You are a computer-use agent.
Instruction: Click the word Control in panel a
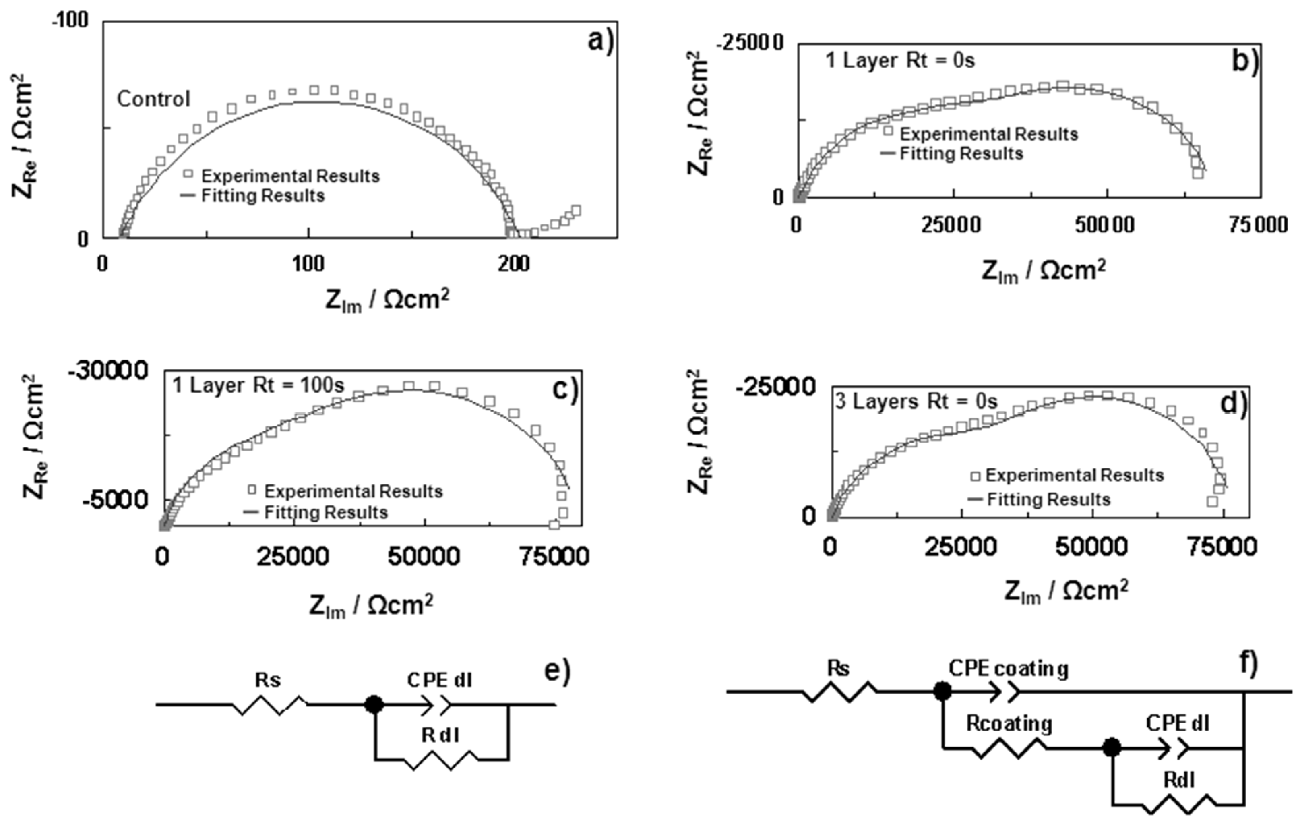154,99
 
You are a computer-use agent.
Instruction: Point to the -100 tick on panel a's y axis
70,21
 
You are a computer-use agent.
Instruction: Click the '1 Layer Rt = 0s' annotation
900,60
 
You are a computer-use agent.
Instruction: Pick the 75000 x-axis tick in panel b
1258,224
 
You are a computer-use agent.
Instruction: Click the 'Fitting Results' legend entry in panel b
961,154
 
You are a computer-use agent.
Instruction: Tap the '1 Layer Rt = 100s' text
258,385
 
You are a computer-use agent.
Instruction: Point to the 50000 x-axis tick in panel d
1091,547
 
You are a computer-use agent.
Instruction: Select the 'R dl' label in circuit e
440,735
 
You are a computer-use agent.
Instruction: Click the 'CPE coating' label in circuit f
1008,669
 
